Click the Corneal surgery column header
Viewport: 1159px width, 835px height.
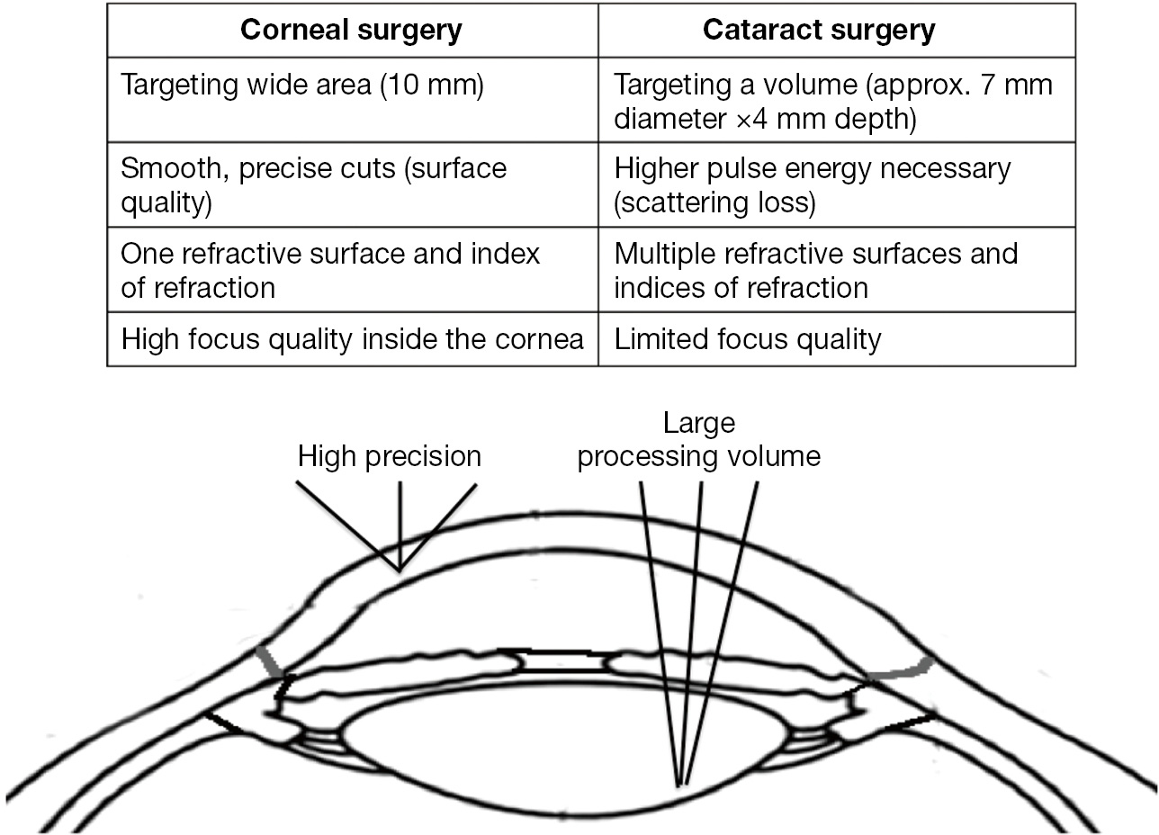(x=352, y=31)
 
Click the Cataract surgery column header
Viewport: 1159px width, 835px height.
(x=818, y=31)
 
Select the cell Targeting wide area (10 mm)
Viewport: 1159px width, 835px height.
(x=302, y=85)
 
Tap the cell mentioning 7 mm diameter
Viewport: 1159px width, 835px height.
(x=832, y=101)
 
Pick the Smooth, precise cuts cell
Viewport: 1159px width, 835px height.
(x=313, y=184)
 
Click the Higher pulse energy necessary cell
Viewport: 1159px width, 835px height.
(x=813, y=184)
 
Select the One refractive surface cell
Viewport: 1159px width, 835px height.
(x=330, y=270)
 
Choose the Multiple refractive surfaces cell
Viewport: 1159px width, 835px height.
(x=815, y=270)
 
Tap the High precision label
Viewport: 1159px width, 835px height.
(x=390, y=456)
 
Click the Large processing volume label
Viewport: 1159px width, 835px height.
(x=699, y=440)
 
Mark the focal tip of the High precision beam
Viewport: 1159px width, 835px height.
(x=400, y=570)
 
